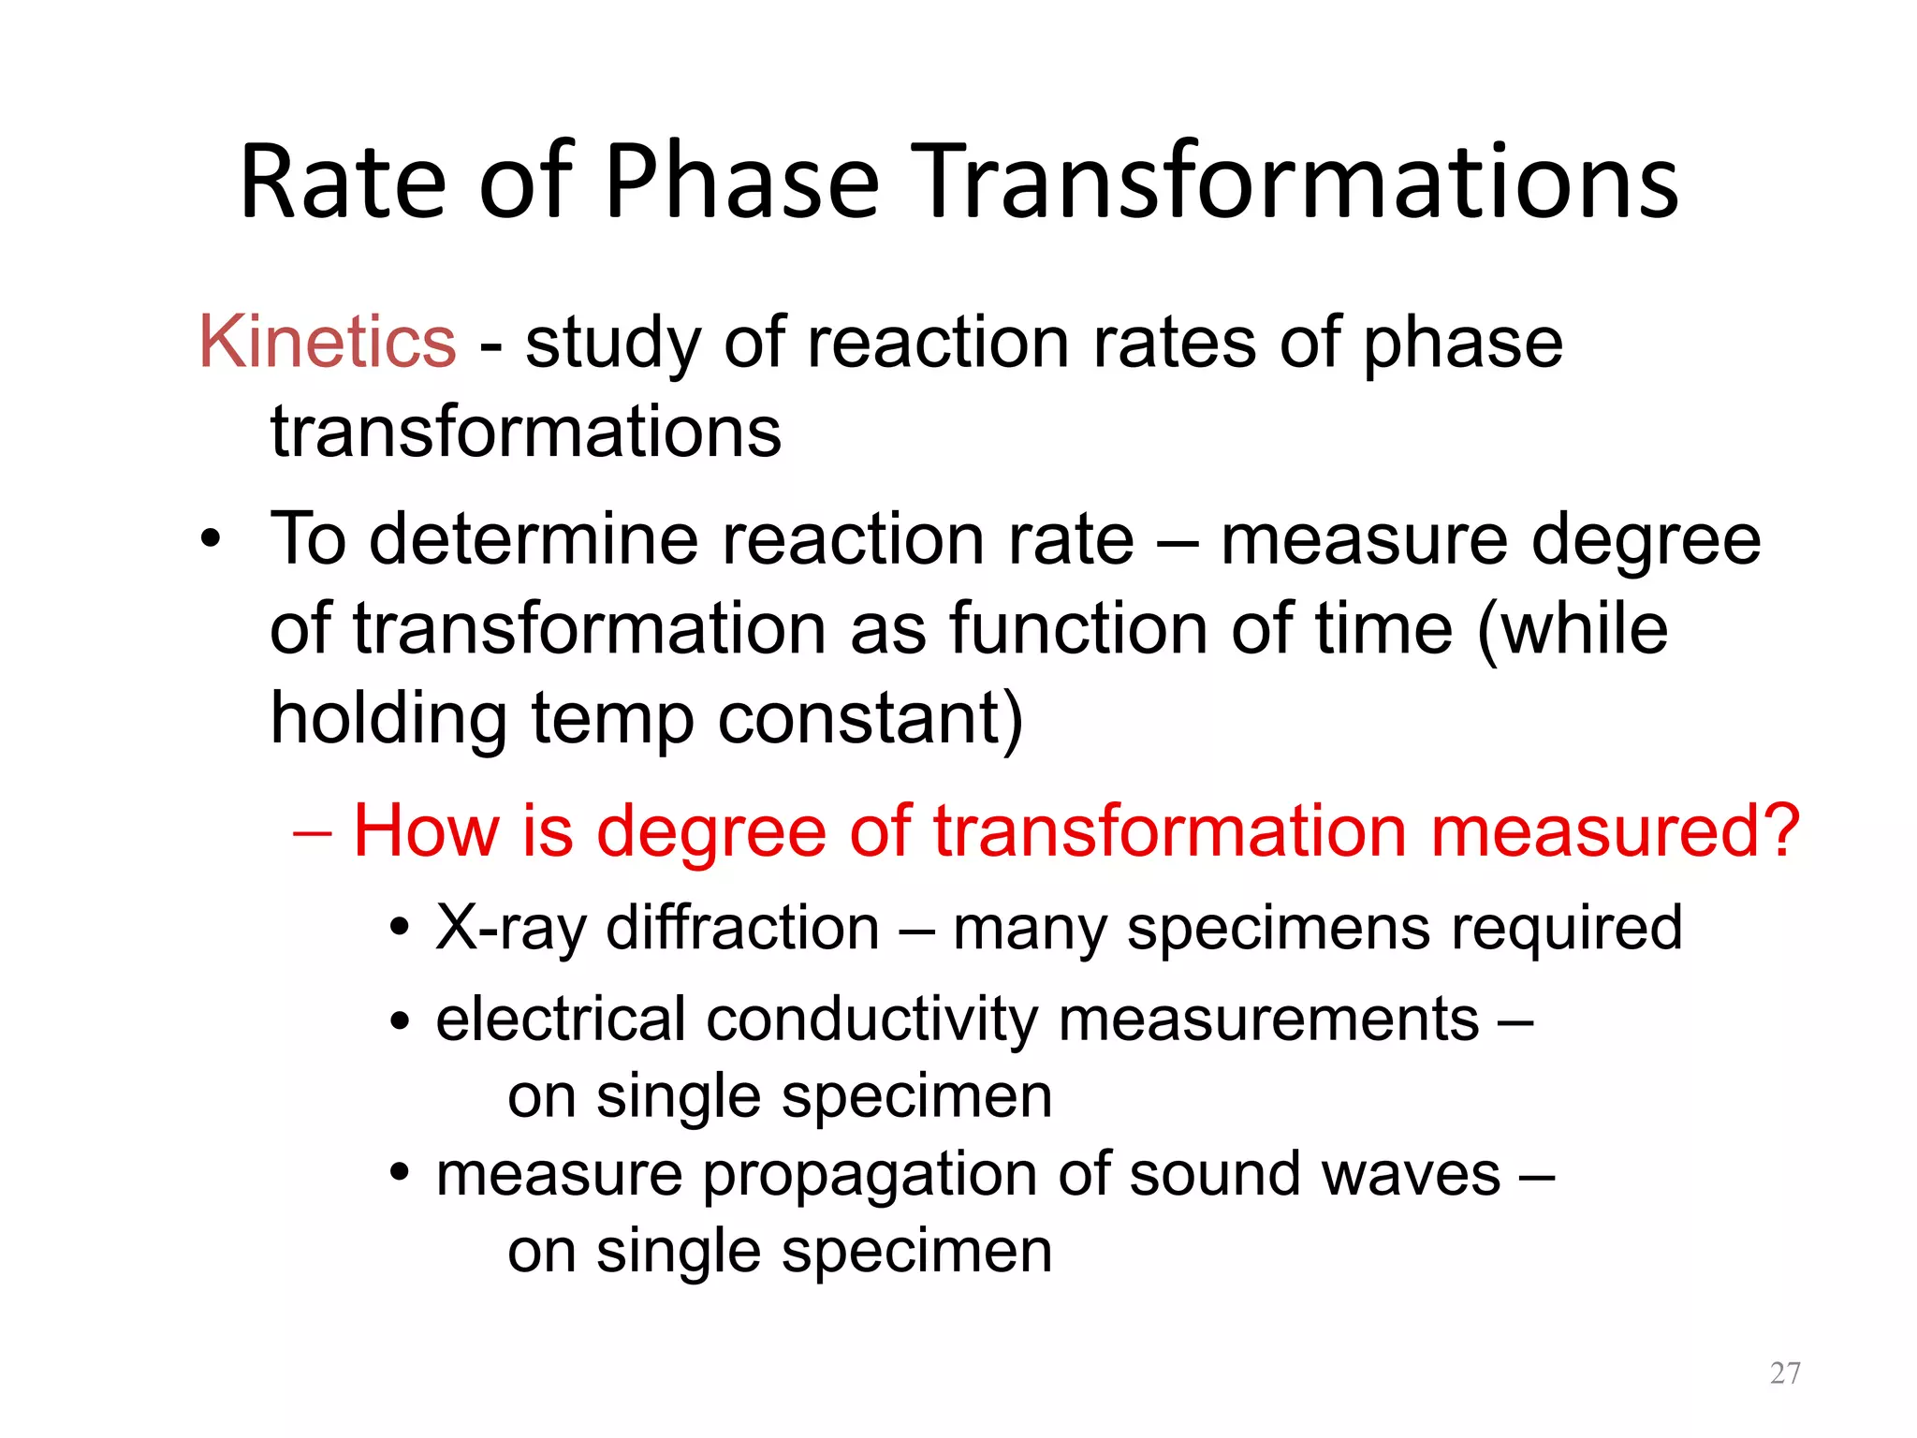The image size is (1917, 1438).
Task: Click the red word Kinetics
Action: click(x=328, y=342)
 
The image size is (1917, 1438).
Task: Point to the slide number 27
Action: click(x=1785, y=1372)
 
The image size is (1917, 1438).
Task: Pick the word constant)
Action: click(x=871, y=719)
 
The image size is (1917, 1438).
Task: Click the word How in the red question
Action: click(x=426, y=830)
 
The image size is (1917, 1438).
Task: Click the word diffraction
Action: click(x=742, y=928)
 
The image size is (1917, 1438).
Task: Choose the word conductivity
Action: click(x=871, y=1020)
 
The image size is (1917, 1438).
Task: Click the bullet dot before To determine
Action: click(x=212, y=540)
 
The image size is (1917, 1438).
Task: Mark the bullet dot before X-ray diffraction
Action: click(x=401, y=929)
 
